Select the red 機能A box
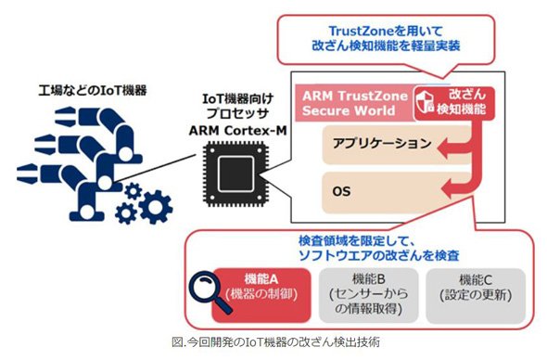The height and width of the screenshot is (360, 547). click(261, 295)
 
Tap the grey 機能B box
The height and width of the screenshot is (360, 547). click(368, 295)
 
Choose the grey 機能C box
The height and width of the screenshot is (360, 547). click(476, 295)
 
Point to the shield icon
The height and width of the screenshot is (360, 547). click(425, 103)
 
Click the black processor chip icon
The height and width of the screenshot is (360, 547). click(235, 174)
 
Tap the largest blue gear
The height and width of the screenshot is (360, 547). click(155, 207)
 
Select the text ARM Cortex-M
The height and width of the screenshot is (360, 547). click(237, 131)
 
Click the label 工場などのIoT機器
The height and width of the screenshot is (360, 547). click(93, 90)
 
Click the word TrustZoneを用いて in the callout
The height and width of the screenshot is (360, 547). click(386, 31)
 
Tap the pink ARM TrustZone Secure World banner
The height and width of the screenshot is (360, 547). click(355, 103)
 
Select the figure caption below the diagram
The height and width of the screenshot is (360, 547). click(275, 341)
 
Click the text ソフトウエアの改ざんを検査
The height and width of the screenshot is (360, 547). click(378, 255)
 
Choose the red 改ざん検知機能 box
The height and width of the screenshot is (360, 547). click(454, 103)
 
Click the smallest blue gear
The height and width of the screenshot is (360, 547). click(133, 191)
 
